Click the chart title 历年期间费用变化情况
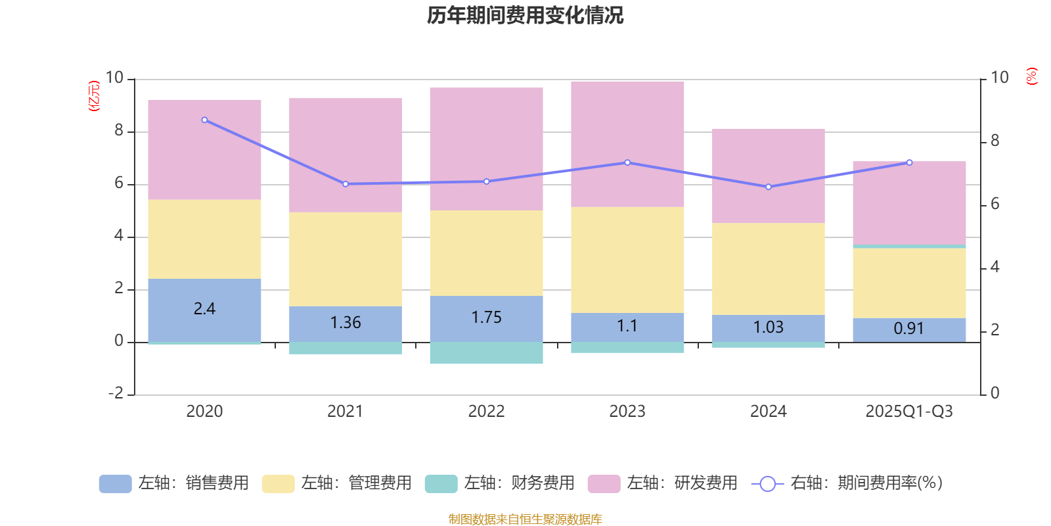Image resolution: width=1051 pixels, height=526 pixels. tap(525, 16)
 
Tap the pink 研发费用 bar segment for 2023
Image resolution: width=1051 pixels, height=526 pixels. tap(627, 145)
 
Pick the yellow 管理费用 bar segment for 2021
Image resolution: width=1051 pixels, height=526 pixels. tap(346, 259)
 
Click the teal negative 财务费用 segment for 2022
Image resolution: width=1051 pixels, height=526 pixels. tap(486, 353)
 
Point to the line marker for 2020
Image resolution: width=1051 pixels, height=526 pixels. tap(204, 120)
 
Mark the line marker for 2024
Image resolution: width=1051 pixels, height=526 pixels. tap(769, 187)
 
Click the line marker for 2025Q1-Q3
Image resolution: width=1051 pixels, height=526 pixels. tap(909, 162)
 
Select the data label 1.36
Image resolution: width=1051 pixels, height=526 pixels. tap(346, 323)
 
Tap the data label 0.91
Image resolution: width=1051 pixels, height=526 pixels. tap(909, 329)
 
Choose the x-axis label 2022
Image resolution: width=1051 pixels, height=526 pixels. tap(486, 412)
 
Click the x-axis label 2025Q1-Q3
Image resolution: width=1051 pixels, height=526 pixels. tap(909, 412)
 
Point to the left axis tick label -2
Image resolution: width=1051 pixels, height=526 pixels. tap(118, 393)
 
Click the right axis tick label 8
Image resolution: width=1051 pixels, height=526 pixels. tap(995, 141)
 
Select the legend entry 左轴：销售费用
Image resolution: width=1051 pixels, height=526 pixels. tap(175, 483)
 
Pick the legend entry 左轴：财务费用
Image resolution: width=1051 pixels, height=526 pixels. tap(501, 483)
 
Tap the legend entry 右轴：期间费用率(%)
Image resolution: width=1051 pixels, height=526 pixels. tap(847, 483)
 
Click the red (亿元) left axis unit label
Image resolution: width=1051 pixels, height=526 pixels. tap(94, 96)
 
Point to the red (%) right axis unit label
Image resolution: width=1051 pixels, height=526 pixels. tap(1032, 76)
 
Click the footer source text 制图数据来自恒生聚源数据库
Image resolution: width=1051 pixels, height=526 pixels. tap(525, 519)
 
